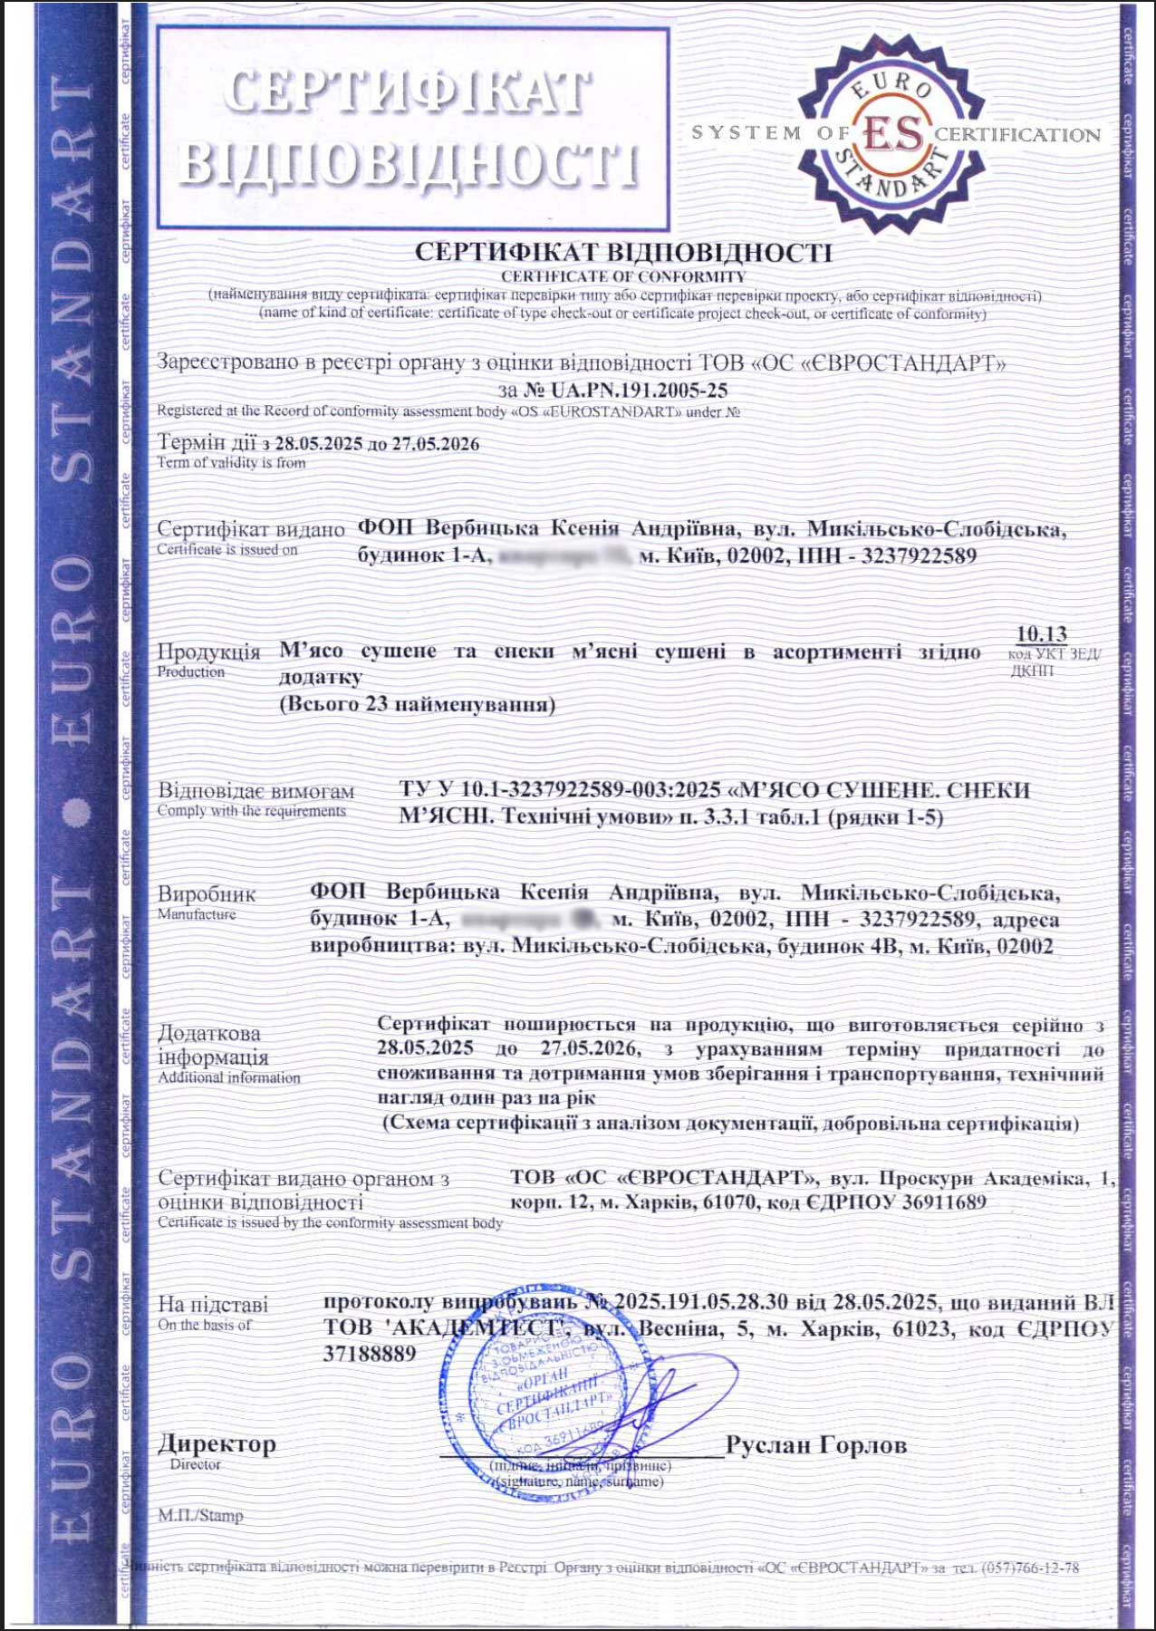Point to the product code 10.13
click(1041, 634)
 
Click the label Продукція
click(208, 651)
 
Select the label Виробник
click(207, 894)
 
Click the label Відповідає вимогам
click(256, 791)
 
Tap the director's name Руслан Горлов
click(816, 1444)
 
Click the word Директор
click(217, 1443)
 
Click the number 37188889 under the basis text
click(370, 1354)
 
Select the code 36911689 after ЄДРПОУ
click(939, 1203)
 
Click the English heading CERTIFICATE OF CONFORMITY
click(623, 276)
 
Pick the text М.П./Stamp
click(200, 1515)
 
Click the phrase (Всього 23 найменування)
click(417, 704)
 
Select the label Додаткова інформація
click(213, 1045)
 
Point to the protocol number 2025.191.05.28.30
click(700, 1302)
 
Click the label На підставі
click(213, 1305)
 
